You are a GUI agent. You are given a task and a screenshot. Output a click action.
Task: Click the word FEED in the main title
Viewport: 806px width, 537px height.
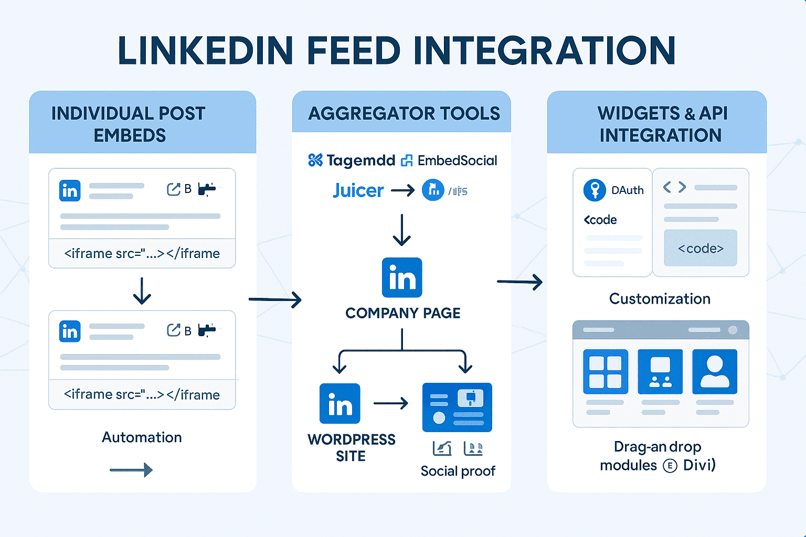coord(353,51)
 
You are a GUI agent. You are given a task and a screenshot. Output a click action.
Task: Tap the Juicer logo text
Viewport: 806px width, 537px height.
coord(358,190)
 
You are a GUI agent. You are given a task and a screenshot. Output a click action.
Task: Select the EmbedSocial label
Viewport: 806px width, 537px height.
coord(457,160)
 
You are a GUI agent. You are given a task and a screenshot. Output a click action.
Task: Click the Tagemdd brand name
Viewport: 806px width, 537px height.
coord(360,160)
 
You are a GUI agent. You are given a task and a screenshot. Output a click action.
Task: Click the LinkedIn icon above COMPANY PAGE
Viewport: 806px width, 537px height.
coord(402,277)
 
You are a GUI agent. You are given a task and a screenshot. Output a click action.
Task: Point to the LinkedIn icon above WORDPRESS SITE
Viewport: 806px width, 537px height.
coord(340,404)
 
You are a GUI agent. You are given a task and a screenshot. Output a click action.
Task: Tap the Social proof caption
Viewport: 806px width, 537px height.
coord(458,471)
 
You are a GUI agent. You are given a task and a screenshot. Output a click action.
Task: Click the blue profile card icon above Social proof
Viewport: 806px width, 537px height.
coord(457,407)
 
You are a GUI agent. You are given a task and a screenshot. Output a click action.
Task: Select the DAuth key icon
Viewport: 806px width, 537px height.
coord(595,190)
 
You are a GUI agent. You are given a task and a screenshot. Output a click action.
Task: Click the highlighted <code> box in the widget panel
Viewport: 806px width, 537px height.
coord(701,248)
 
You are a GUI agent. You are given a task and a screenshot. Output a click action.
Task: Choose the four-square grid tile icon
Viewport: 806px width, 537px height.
coord(606,371)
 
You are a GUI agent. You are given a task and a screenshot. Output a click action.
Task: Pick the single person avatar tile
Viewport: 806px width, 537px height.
coord(715,371)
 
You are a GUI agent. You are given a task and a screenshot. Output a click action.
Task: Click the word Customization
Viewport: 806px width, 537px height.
coord(660,299)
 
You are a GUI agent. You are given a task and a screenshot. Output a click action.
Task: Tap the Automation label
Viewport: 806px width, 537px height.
coord(142,437)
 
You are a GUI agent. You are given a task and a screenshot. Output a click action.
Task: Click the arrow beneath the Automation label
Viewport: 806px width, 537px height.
coord(131,470)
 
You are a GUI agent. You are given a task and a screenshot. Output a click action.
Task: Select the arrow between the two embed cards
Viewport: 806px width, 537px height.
coord(142,291)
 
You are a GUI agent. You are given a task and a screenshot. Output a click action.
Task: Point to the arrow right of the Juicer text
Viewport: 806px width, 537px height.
coord(402,190)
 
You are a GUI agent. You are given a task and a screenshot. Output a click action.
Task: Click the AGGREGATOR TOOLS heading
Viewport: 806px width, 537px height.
coord(404,113)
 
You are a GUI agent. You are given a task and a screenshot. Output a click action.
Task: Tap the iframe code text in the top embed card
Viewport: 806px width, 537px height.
coord(142,254)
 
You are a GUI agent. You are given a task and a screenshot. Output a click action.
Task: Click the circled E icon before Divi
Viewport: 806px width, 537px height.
coord(670,466)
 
